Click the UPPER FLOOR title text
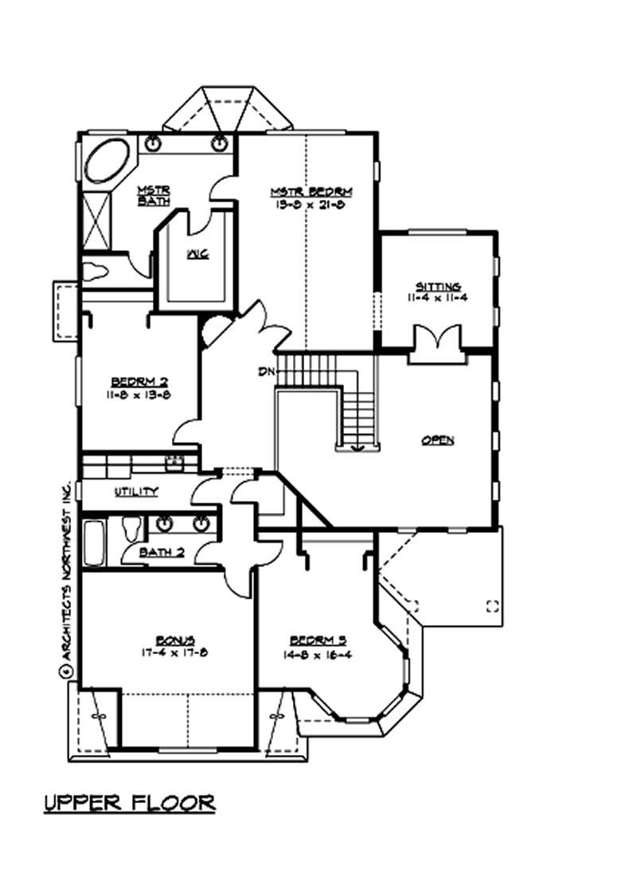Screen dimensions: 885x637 click(x=129, y=801)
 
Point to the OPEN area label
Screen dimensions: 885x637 click(x=438, y=440)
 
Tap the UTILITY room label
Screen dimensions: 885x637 click(x=136, y=491)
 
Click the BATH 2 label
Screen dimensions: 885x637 click(x=159, y=552)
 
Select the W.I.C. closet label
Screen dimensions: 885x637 click(x=197, y=255)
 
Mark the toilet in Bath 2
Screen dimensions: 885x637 click(x=131, y=527)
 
